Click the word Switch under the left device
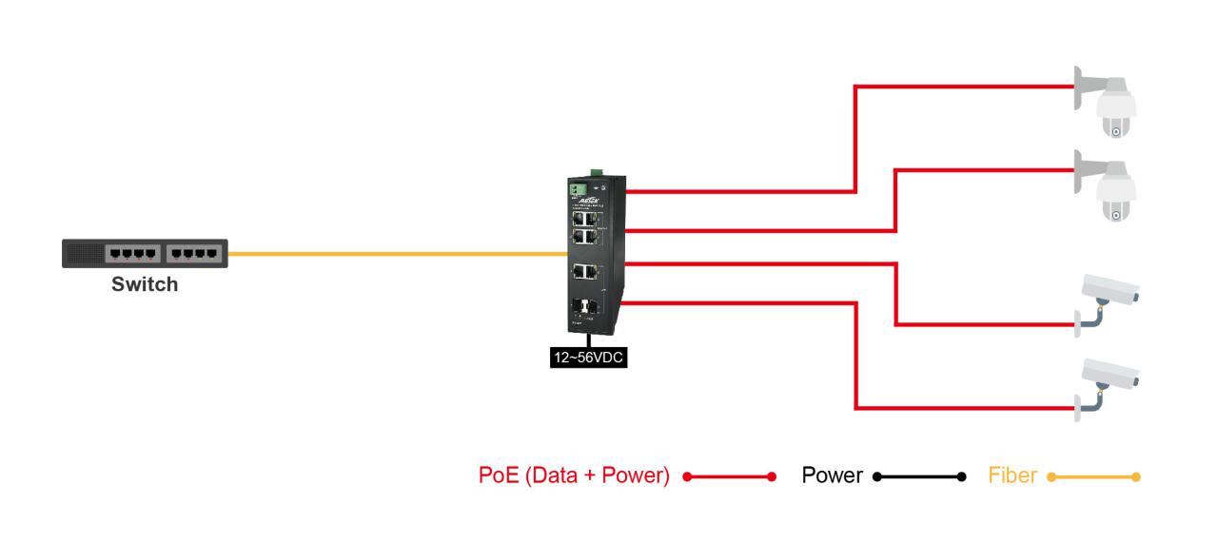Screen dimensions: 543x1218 point(145,283)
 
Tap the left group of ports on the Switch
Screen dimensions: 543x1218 point(131,254)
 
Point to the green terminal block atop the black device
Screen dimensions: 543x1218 point(596,172)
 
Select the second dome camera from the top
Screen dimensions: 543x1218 point(1117,194)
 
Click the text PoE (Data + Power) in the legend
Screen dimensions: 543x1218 point(574,475)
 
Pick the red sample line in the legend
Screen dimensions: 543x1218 point(729,475)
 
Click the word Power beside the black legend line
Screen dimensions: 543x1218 point(832,475)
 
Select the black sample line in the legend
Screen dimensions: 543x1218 point(917,475)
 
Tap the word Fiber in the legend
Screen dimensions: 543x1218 point(1012,475)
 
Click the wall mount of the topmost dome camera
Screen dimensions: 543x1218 point(1084,85)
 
